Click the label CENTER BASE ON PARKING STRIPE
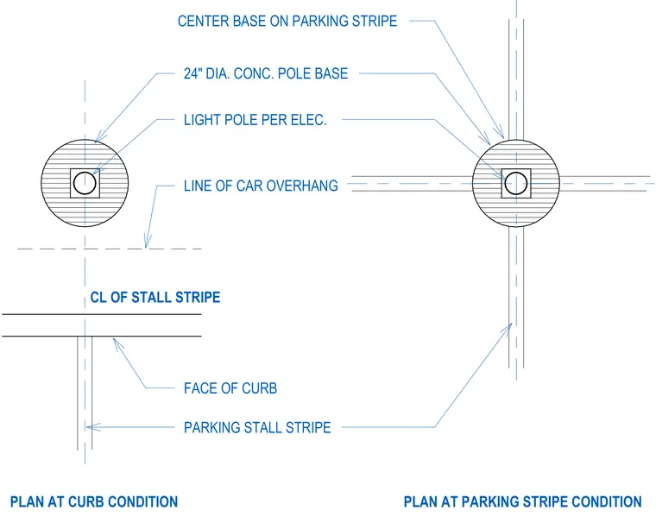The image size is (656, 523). [287, 21]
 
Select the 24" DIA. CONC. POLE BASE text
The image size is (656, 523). [266, 73]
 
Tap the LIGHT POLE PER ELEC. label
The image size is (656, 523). [255, 120]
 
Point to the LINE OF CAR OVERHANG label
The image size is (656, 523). [261, 186]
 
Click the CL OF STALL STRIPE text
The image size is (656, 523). [155, 298]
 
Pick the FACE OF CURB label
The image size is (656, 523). [230, 388]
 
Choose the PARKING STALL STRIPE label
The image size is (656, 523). [257, 427]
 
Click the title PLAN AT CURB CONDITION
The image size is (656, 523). [94, 501]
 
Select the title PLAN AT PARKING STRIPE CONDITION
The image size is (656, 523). [522, 501]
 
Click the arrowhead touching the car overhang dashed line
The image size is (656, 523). [148, 242]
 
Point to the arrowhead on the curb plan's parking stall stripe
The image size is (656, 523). [93, 427]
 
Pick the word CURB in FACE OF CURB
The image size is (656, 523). [260, 388]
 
